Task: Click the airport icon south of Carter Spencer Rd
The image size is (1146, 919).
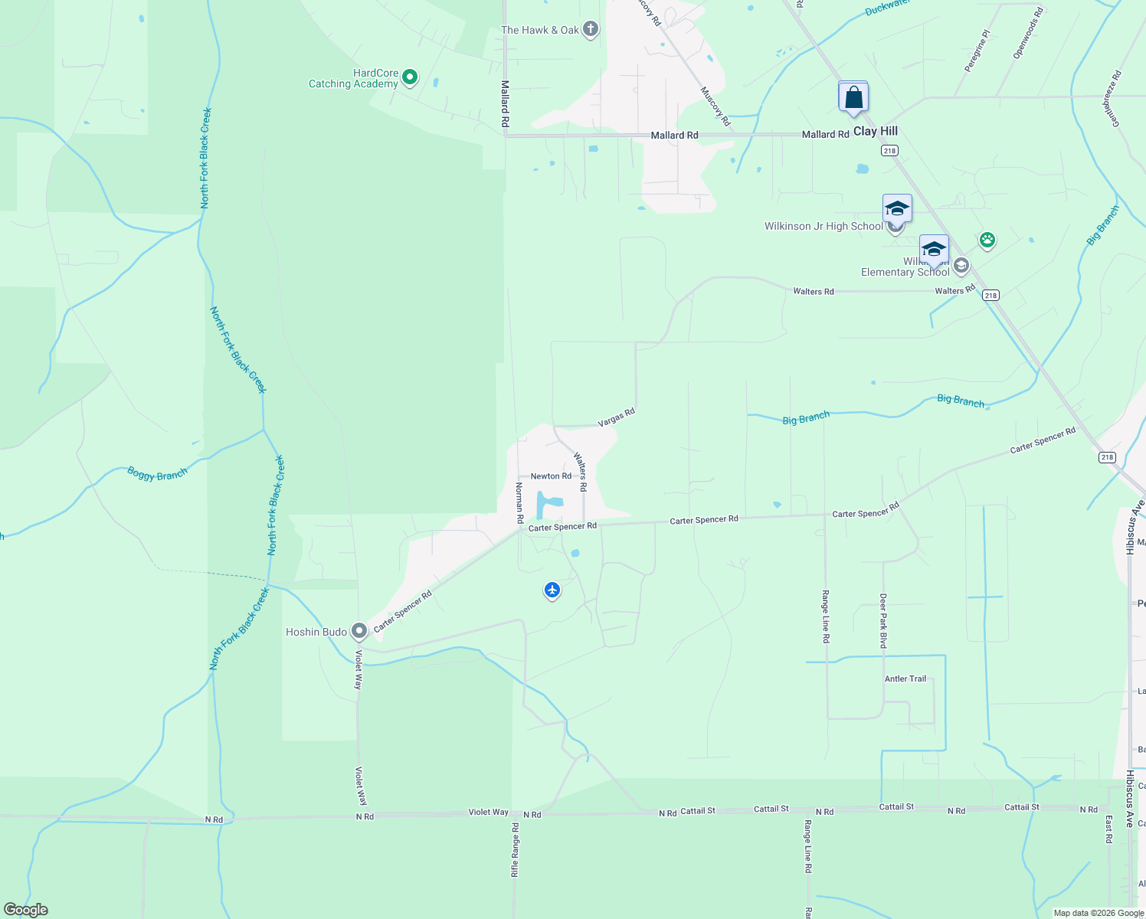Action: click(x=552, y=590)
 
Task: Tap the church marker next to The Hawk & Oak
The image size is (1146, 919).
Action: click(x=590, y=30)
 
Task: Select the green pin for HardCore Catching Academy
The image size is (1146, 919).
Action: click(x=410, y=77)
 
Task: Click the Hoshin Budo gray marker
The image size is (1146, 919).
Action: click(x=359, y=632)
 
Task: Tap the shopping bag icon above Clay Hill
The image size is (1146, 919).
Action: click(x=853, y=98)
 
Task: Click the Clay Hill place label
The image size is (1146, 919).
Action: click(x=876, y=131)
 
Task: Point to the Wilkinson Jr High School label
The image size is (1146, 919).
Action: click(x=823, y=226)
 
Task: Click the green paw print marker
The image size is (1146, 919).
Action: click(x=987, y=240)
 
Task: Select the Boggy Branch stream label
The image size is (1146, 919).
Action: click(x=157, y=475)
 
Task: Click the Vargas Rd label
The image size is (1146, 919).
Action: click(x=617, y=417)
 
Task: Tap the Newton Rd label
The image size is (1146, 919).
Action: click(x=551, y=476)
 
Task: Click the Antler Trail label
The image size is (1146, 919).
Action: click(x=905, y=679)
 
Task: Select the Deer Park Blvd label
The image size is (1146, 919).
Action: click(x=883, y=620)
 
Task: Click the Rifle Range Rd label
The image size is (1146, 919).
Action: click(x=516, y=850)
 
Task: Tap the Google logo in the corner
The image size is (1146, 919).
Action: click(x=25, y=910)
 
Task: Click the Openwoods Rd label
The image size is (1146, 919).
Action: click(x=1028, y=34)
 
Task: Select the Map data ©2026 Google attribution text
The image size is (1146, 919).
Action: click(x=1097, y=913)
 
